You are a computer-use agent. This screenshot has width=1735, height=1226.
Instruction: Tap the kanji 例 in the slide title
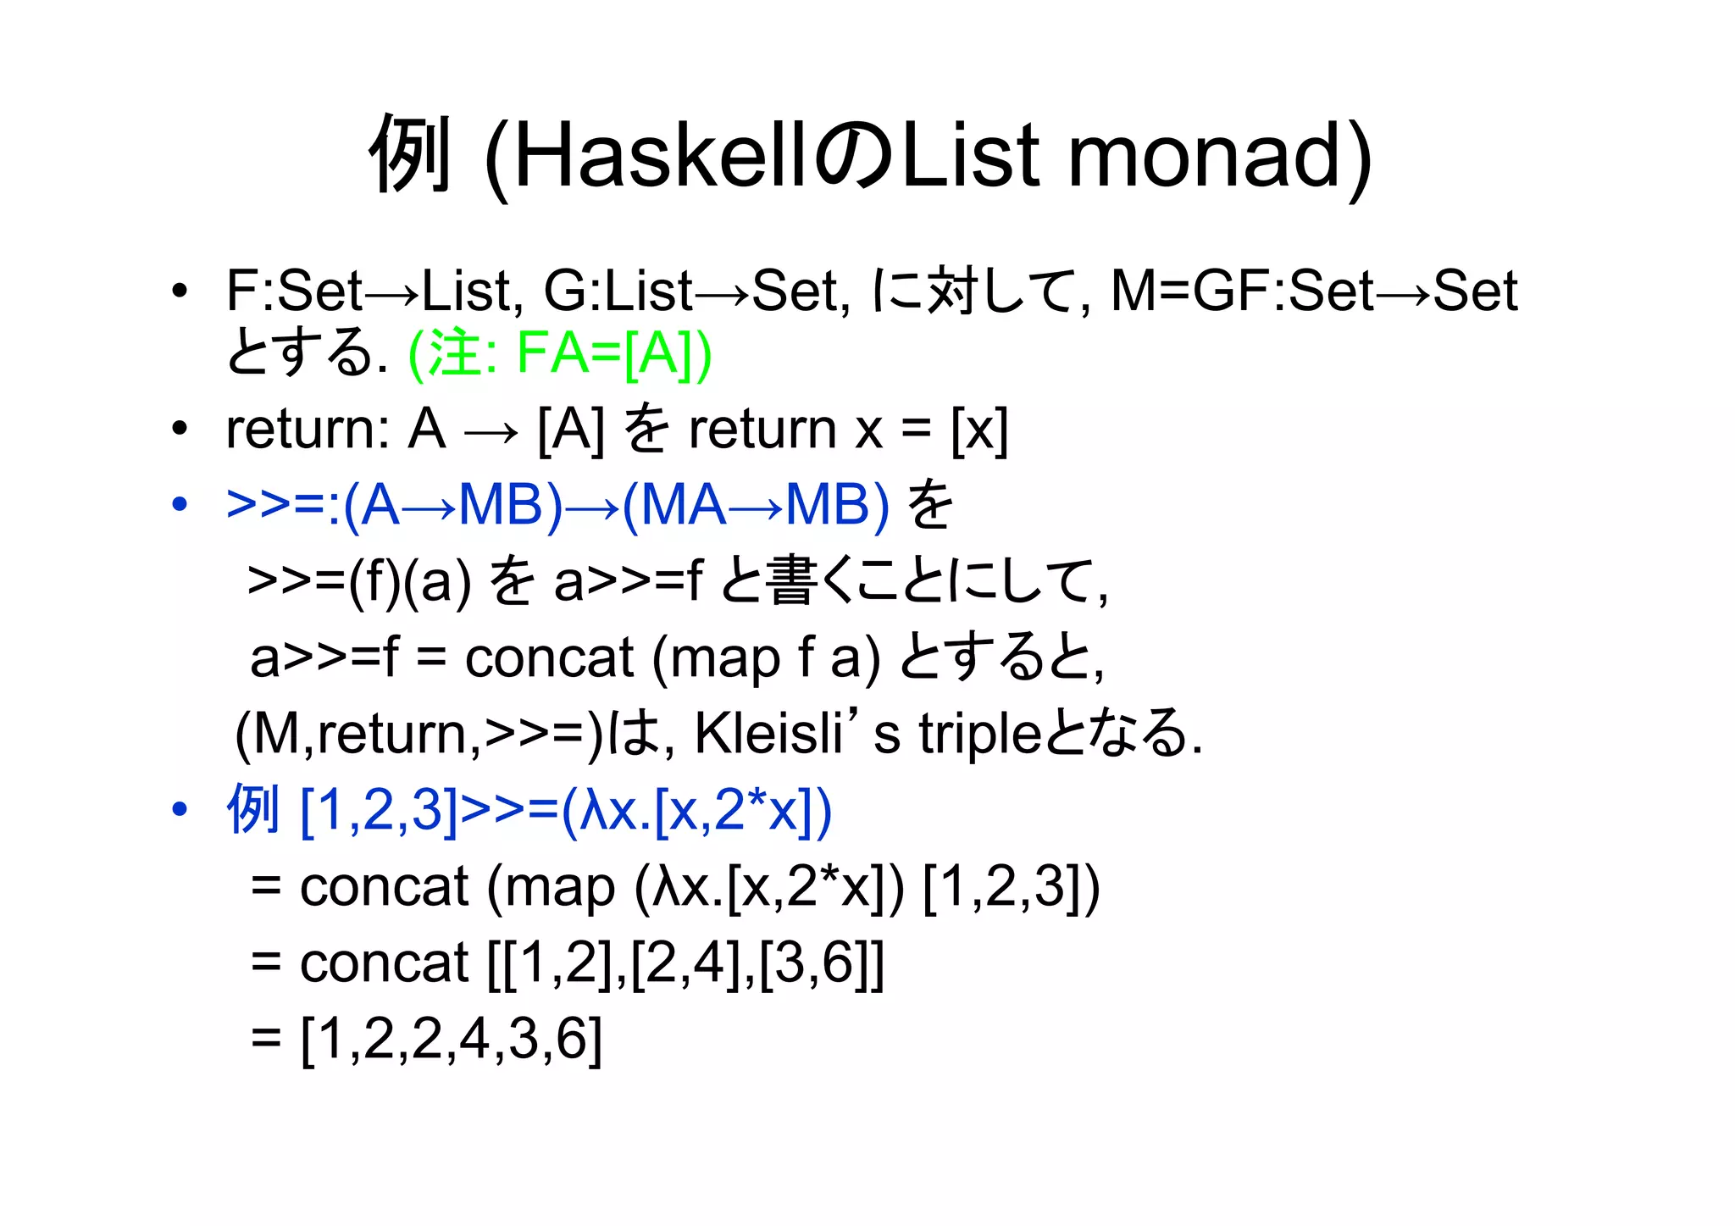click(409, 156)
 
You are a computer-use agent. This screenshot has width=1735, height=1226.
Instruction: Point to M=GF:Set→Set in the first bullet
click(1313, 291)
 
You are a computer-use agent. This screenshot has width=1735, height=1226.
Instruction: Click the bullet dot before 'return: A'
click(178, 429)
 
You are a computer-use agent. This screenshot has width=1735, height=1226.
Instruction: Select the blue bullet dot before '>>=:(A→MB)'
click(178, 505)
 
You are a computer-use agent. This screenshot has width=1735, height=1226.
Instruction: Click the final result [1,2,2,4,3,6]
click(452, 1039)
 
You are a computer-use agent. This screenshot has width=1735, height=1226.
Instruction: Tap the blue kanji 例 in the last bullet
click(252, 810)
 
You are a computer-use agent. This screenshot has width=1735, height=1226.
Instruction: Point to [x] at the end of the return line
click(979, 430)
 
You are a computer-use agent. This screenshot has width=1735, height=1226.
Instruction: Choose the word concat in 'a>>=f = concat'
click(549, 658)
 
